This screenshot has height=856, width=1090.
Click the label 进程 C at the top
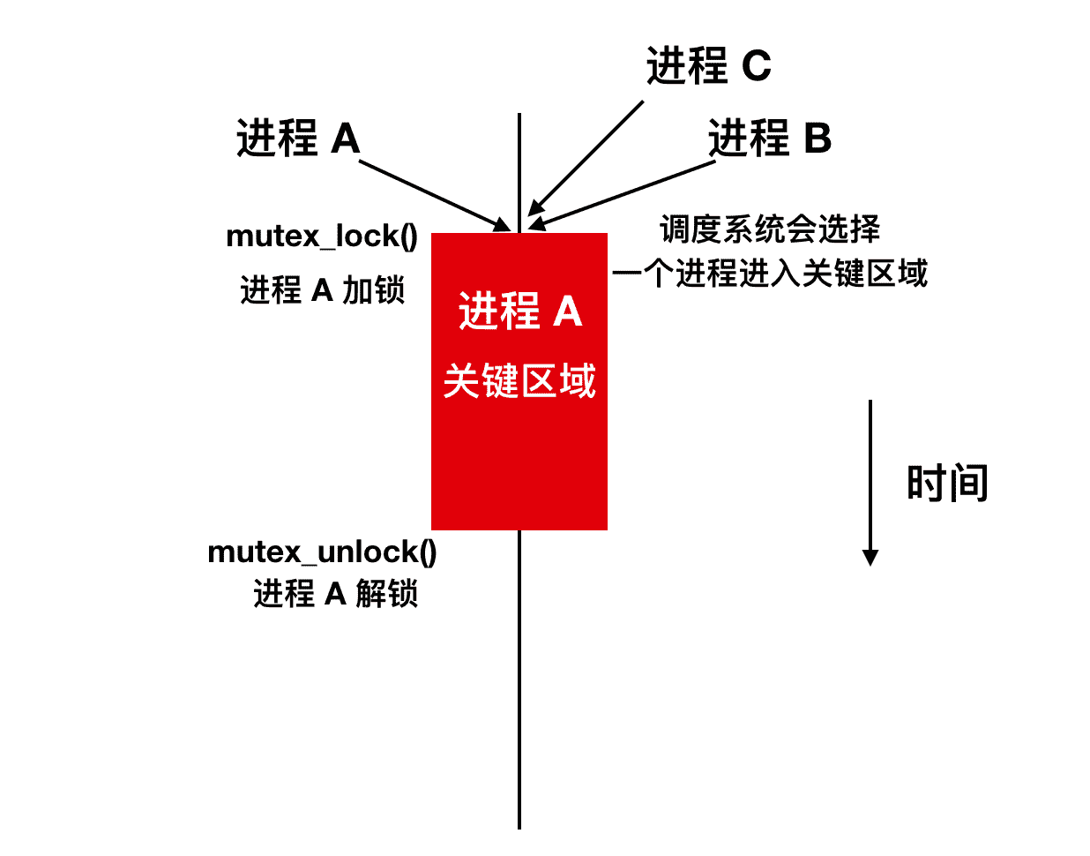click(708, 66)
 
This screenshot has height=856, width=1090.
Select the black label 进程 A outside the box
click(298, 139)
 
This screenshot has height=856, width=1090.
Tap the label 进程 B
click(769, 139)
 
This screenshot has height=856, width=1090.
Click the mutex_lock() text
click(322, 237)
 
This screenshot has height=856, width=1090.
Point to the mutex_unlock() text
click(322, 552)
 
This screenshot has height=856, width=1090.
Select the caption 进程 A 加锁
click(322, 289)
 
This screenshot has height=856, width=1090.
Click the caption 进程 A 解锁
click(335, 594)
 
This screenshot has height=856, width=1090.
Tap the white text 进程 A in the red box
click(519, 312)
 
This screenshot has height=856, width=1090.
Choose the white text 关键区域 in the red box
click(519, 381)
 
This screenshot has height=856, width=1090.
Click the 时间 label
click(947, 484)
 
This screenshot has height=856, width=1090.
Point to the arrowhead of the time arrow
click(870, 557)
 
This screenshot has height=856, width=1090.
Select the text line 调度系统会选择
click(770, 229)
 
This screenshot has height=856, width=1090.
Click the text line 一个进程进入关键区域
click(770, 274)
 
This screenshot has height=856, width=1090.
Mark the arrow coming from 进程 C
click(586, 158)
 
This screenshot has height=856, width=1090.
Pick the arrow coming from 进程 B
click(623, 194)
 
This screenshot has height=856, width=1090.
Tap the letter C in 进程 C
click(756, 66)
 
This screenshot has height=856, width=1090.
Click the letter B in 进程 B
click(817, 139)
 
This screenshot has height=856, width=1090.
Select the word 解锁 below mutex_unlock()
click(386, 594)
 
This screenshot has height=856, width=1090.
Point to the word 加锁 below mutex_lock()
click(373, 289)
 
